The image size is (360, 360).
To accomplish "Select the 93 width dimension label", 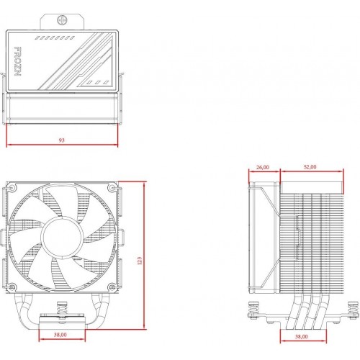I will click(62, 140).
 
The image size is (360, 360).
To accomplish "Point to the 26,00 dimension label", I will click(263, 167).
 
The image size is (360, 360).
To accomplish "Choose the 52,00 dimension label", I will click(310, 167).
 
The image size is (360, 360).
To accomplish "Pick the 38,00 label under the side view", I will click(301, 336).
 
